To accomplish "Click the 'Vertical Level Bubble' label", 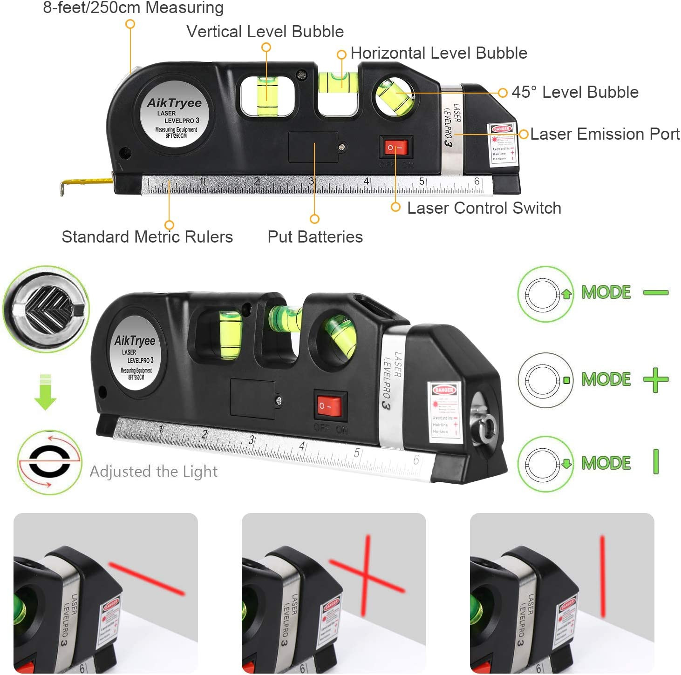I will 265,32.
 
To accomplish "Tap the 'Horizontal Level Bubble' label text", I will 438,53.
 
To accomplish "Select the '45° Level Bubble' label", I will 575,92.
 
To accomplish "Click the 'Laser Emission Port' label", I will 605,134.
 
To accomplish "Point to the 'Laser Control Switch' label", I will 484,208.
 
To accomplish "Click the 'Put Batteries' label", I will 315,237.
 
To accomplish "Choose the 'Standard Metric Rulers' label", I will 147,237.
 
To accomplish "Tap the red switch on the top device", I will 396,148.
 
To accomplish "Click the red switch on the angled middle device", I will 330,406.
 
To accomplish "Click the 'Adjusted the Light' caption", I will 153,472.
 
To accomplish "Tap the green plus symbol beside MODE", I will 656,380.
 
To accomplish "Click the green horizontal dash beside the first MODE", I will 656,293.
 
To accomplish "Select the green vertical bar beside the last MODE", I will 656,462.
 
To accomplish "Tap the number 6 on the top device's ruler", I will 477,182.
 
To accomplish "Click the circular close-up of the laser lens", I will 46,309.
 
